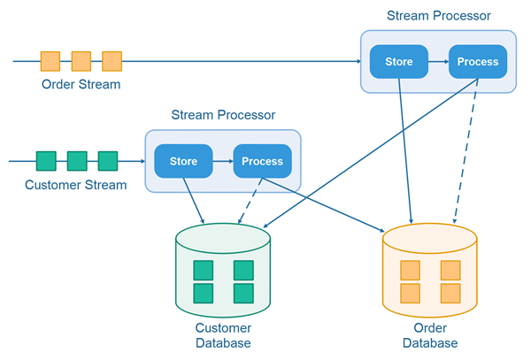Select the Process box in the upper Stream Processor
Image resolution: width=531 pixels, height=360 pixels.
coord(478,62)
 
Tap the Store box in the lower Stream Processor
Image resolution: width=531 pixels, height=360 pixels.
coord(183,161)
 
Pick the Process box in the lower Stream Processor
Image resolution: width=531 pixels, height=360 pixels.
coord(262,161)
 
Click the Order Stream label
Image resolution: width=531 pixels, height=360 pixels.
coord(81,85)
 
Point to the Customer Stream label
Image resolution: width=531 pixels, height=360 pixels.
coord(76,185)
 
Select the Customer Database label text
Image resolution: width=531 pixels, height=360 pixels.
coord(223,335)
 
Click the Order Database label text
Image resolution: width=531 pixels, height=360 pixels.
coord(430,335)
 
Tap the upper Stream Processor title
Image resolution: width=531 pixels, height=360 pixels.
coord(439,16)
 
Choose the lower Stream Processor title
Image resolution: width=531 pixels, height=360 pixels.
coord(223,115)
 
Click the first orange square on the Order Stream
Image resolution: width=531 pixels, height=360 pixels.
coord(50,61)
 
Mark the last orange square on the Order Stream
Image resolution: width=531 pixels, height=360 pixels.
coord(112,61)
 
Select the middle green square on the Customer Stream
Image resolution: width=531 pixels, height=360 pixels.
coord(77,161)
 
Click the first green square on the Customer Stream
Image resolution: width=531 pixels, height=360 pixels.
coord(46,161)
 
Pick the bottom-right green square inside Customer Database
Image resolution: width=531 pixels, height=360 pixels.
coord(243,293)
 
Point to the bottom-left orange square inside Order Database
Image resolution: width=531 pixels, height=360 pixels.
coord(410,293)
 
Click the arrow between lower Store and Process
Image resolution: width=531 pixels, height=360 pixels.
coord(222,161)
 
